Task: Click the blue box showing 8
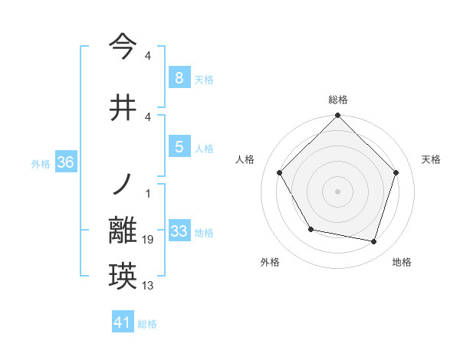pyautogui.click(x=179, y=78)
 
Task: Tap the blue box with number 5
pyautogui.click(x=179, y=147)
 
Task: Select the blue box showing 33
pyautogui.click(x=179, y=231)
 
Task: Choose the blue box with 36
pyautogui.click(x=65, y=162)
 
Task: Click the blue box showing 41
pyautogui.click(x=123, y=322)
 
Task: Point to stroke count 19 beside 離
pyautogui.click(x=149, y=241)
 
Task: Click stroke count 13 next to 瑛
pyautogui.click(x=149, y=286)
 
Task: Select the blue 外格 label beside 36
pyautogui.click(x=41, y=163)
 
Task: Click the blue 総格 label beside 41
pyautogui.click(x=147, y=323)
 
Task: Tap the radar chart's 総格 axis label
pyautogui.click(x=338, y=100)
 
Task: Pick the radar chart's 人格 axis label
pyautogui.click(x=245, y=159)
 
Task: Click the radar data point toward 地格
pyautogui.click(x=373, y=241)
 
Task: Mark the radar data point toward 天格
pyautogui.click(x=396, y=172)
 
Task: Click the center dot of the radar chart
pyautogui.click(x=338, y=191)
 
